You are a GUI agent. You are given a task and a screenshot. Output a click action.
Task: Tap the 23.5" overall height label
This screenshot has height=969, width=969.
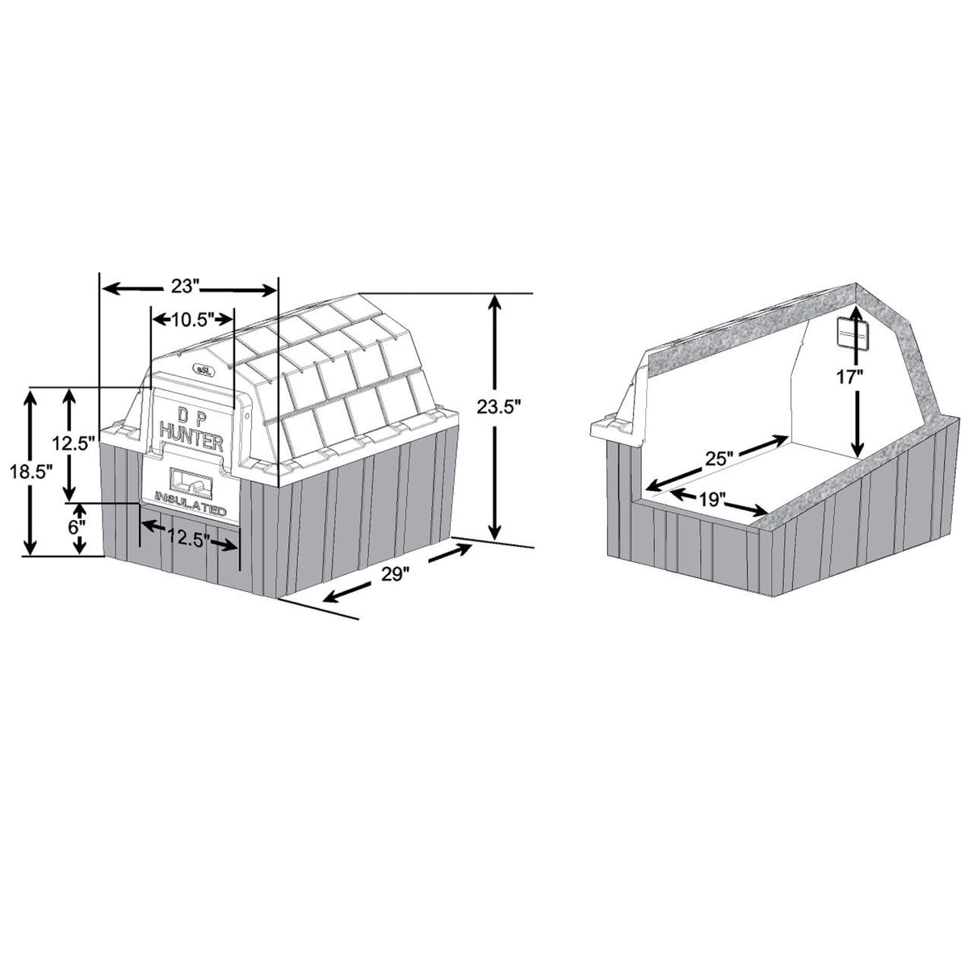point(497,407)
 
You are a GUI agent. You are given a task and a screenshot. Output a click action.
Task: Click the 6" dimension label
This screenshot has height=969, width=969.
point(74,527)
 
